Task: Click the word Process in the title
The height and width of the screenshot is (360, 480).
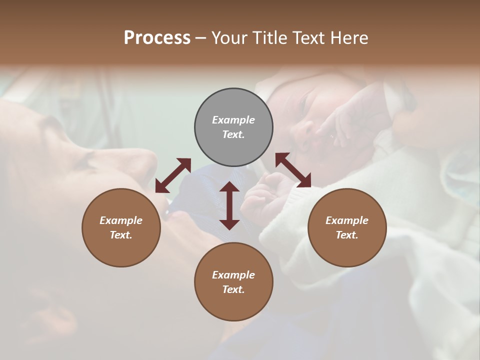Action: (x=157, y=38)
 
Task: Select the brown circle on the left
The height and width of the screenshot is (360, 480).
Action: (x=121, y=227)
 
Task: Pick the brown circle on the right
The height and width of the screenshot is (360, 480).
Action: (x=347, y=227)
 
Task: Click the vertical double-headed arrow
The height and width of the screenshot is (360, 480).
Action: (x=229, y=205)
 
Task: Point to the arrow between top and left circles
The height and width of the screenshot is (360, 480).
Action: (x=173, y=175)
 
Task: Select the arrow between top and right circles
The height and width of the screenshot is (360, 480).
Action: (x=293, y=170)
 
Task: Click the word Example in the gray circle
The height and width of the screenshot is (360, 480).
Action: (x=233, y=120)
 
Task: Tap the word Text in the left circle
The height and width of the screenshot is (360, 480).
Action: (x=120, y=235)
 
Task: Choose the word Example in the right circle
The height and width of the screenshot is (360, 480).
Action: (x=347, y=220)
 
